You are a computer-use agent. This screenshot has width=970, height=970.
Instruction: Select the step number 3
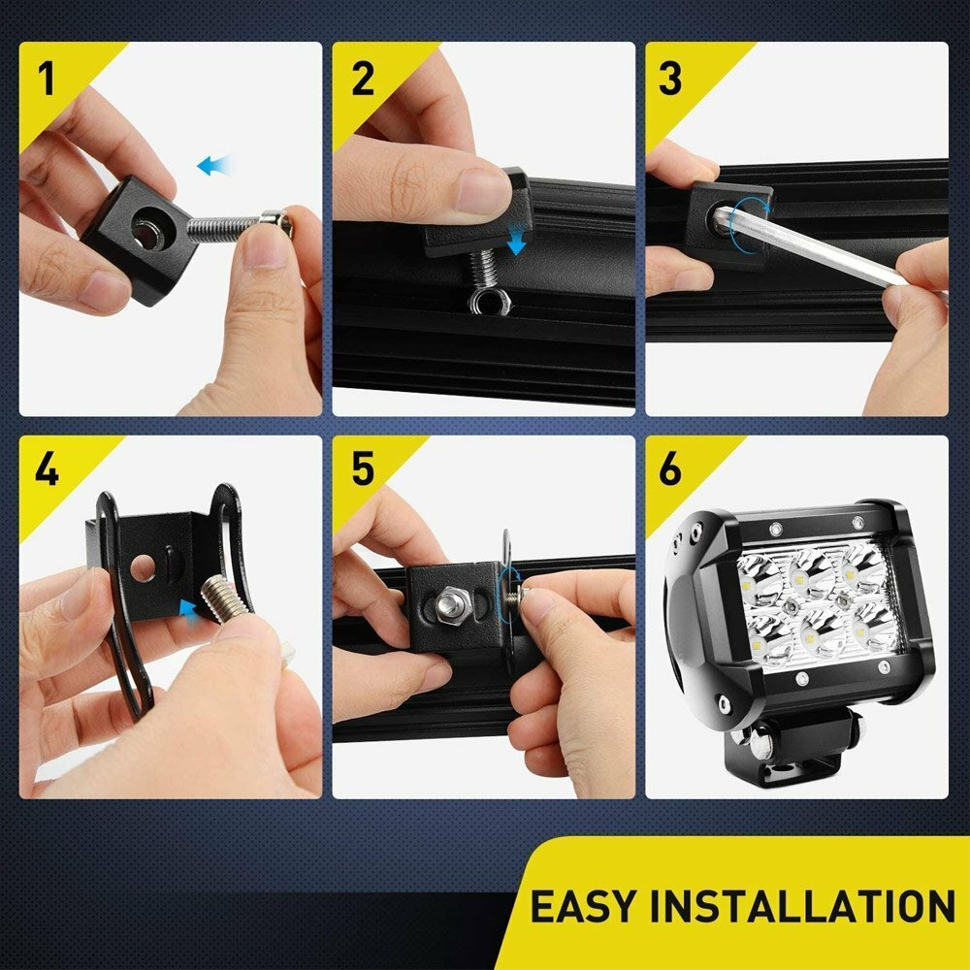[x=670, y=81]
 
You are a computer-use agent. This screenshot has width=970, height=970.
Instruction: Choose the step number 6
[x=670, y=469]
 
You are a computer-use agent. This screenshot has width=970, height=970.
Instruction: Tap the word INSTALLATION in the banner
[x=801, y=906]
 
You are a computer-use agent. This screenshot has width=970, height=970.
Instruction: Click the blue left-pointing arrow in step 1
[x=214, y=166]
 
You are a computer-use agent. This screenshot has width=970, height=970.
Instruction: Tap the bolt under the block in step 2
[x=481, y=276]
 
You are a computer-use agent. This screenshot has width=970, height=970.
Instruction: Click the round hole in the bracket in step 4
[x=143, y=566]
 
